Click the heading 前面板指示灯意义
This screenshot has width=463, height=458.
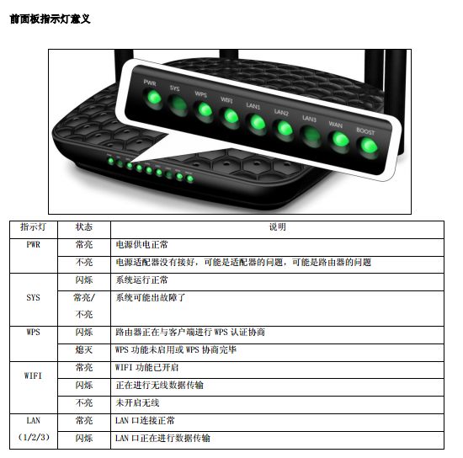(x=51, y=19)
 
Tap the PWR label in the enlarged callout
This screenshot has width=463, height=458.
(x=150, y=83)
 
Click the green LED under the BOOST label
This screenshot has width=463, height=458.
(x=369, y=146)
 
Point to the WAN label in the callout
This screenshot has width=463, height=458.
(x=335, y=125)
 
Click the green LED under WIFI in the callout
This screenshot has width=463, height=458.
(x=231, y=116)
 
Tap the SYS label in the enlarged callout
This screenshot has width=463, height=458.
(x=174, y=88)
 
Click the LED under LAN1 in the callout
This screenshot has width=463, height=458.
(x=258, y=123)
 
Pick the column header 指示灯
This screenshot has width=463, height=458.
(x=33, y=226)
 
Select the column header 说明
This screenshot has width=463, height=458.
(x=277, y=226)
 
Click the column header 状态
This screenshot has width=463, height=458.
(x=84, y=226)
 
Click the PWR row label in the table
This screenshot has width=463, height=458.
(x=33, y=244)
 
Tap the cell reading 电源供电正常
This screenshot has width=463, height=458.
(x=141, y=244)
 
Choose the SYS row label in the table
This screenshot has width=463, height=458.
(x=33, y=297)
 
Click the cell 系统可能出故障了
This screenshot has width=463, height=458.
(x=151, y=297)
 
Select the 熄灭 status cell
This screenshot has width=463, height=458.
(x=84, y=350)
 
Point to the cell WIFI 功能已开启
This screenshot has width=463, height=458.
(x=146, y=368)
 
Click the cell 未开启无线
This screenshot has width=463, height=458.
(x=137, y=402)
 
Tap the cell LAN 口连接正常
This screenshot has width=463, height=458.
(x=145, y=420)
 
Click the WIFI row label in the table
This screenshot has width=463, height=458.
(x=33, y=375)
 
